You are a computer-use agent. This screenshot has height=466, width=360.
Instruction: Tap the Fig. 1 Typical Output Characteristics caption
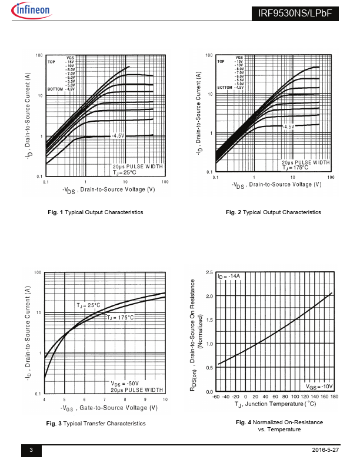(95, 212)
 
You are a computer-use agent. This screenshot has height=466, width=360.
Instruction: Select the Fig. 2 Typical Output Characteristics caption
(274, 212)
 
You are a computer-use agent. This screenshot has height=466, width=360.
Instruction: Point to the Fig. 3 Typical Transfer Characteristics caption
(96, 423)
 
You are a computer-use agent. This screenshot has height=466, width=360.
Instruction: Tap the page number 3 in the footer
(31, 450)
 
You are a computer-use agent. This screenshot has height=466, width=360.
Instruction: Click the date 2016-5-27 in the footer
(325, 450)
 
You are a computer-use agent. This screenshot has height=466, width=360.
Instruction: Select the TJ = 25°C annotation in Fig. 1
(125, 172)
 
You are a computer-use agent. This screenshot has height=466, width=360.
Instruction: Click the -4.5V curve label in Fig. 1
(118, 135)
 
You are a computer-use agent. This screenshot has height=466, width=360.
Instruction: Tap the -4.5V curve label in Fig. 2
(288, 127)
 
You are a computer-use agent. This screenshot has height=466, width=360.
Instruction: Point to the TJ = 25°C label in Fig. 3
(89, 305)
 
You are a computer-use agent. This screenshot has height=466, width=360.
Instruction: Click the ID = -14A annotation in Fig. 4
(229, 276)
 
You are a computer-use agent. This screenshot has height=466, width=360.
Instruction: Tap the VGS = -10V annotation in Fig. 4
(319, 387)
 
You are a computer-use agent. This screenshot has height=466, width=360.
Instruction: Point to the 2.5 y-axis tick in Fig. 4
(209, 273)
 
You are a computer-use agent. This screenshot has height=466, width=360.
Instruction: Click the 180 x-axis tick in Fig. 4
(334, 397)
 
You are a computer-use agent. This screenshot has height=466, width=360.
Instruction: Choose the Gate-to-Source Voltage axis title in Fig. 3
(109, 408)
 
